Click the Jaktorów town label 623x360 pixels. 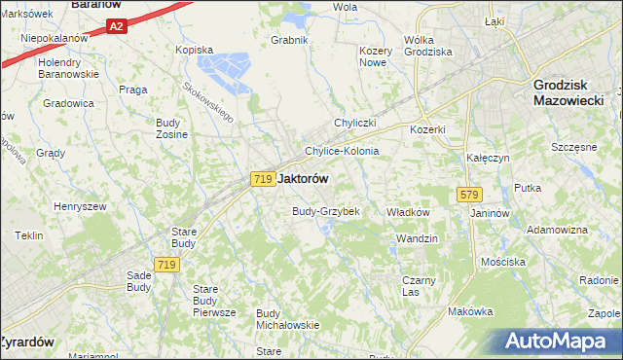point(303,179)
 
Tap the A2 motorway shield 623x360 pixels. point(116,26)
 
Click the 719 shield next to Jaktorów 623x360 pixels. point(261,179)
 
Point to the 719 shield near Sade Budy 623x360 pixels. point(166,265)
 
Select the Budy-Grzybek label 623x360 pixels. point(326,211)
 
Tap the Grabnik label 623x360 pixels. point(290,40)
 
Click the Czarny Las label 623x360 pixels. point(420,285)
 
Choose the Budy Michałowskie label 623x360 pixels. point(287,318)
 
